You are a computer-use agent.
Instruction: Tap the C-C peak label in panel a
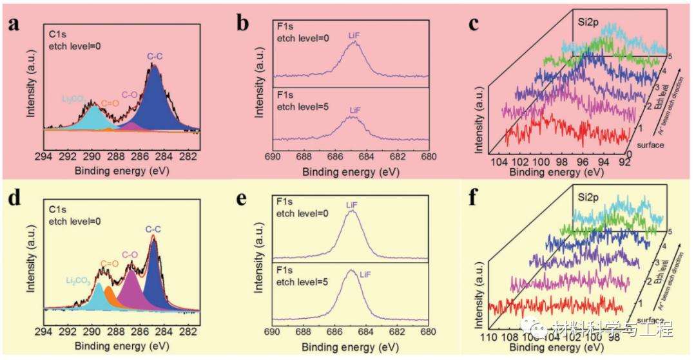155,56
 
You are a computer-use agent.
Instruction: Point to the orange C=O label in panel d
108,262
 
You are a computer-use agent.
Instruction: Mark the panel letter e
242,197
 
